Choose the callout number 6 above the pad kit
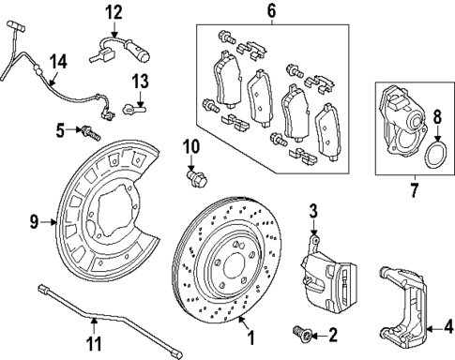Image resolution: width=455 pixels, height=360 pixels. coord(271,11)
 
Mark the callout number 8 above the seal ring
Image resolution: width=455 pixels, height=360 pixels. coord(437,117)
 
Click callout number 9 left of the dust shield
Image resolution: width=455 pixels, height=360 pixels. coord(35,223)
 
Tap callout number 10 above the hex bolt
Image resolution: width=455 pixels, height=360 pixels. coord(191,146)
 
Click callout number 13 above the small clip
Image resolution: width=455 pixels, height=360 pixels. coord(141,81)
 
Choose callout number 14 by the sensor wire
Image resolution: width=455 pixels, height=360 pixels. coord(58,63)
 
